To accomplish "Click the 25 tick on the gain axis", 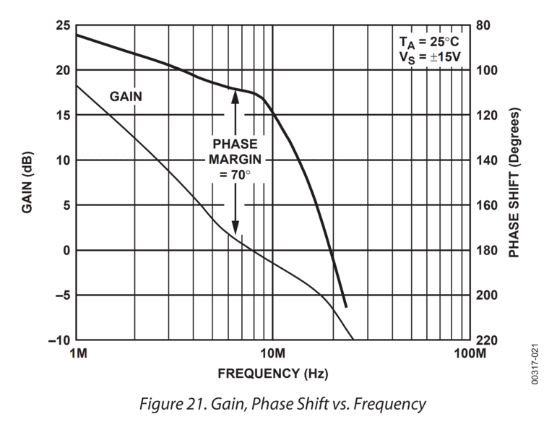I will click(x=63, y=26).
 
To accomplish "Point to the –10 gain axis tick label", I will click(x=59, y=340).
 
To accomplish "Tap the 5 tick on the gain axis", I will click(x=66, y=205).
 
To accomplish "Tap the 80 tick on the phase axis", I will click(x=484, y=26).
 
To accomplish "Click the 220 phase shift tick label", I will click(x=487, y=340).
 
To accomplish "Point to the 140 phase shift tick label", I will click(x=487, y=160).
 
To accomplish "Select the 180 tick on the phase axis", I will click(x=487, y=251).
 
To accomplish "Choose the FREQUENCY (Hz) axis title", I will click(x=273, y=374).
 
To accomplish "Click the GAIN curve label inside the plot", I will click(x=126, y=95).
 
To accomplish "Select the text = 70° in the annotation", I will click(x=234, y=174).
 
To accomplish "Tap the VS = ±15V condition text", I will click(x=430, y=56).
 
